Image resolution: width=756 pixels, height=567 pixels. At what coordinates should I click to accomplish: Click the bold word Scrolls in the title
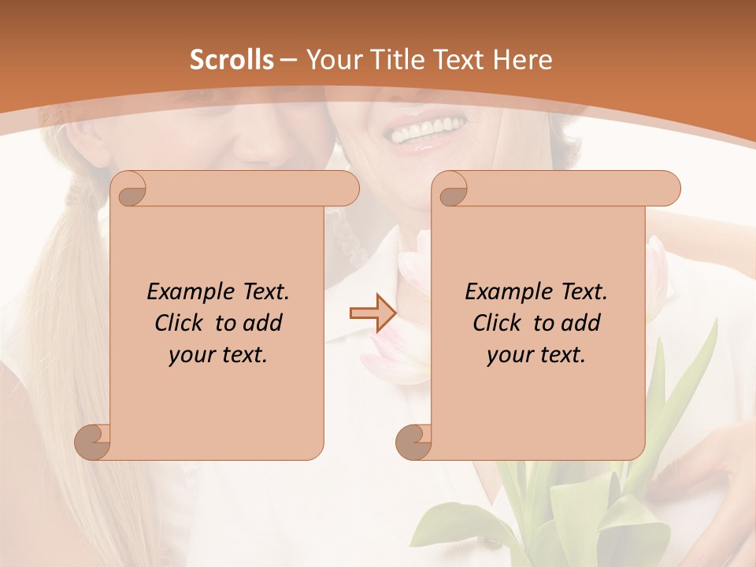pyautogui.click(x=232, y=60)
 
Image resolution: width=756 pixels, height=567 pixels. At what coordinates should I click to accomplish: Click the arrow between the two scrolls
pyautogui.click(x=373, y=313)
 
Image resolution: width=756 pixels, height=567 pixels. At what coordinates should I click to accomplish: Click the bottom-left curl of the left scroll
pyautogui.click(x=93, y=441)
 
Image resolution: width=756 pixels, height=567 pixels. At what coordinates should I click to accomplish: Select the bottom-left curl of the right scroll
pyautogui.click(x=413, y=441)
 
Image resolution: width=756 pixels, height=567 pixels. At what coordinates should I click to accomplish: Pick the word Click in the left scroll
pyautogui.click(x=180, y=324)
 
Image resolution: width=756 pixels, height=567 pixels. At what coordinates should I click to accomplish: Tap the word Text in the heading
pyautogui.click(x=461, y=60)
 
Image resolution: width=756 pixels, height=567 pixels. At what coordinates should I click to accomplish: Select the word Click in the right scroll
pyautogui.click(x=498, y=324)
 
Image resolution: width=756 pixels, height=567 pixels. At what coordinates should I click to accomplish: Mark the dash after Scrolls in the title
pyautogui.click(x=288, y=60)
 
